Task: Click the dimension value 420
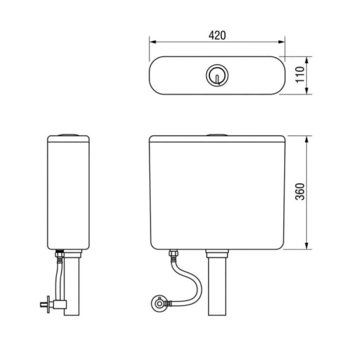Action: pyautogui.click(x=217, y=35)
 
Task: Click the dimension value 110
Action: pyautogui.click(x=300, y=75)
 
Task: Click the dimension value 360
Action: pyautogui.click(x=300, y=192)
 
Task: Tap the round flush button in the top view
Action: pyautogui.click(x=217, y=75)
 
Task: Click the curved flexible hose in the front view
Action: pyautogui.click(x=191, y=284)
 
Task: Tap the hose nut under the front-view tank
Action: pyautogui.click(x=173, y=255)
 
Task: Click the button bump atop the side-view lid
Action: pyautogui.click(x=68, y=135)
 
